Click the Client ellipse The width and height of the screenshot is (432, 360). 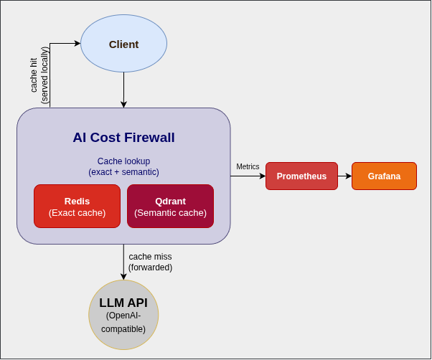click(x=123, y=44)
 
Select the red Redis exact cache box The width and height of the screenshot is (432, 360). click(x=77, y=206)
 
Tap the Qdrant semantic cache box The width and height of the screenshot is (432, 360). click(x=170, y=206)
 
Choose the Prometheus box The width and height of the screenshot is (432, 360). click(x=301, y=176)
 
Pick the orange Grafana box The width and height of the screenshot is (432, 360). click(x=384, y=176)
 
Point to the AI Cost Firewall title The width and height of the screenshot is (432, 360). click(x=123, y=137)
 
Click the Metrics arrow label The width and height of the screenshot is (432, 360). click(x=248, y=166)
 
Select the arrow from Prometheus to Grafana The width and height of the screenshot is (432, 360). click(x=344, y=176)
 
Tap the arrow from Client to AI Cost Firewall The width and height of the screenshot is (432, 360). click(x=123, y=90)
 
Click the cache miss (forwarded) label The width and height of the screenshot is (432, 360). click(x=150, y=262)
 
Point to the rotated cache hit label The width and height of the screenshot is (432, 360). click(x=39, y=75)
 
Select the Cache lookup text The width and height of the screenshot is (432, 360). click(x=123, y=161)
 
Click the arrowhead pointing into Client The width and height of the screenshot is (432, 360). click(x=78, y=44)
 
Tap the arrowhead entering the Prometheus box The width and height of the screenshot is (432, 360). click(x=263, y=176)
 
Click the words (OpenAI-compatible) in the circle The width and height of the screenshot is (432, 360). click(x=123, y=322)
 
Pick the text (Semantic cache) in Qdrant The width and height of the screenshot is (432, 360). click(x=170, y=213)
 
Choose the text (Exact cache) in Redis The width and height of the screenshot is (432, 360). click(x=77, y=213)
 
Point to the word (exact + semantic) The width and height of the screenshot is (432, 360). click(x=123, y=172)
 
